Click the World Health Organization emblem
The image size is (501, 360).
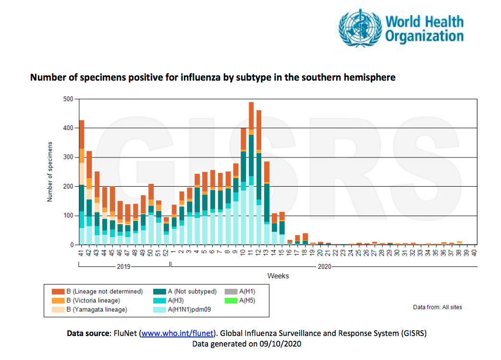click(x=359, y=27)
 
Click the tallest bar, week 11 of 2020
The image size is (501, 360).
click(x=251, y=173)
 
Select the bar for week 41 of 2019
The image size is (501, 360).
click(x=82, y=182)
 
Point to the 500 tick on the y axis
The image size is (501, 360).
click(x=68, y=99)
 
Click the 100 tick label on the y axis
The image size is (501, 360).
click(x=68, y=216)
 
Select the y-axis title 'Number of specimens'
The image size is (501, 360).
click(x=50, y=171)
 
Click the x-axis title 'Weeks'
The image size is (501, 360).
click(x=279, y=276)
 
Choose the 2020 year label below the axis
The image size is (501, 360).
click(x=324, y=266)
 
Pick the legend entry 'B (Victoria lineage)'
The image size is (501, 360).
click(x=93, y=300)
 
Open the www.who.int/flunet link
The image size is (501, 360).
click(x=177, y=333)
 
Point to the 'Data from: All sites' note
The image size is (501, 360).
click(x=438, y=307)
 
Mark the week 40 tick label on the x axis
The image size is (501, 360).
click(x=474, y=252)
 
